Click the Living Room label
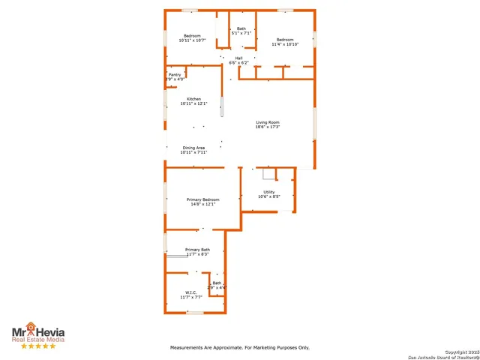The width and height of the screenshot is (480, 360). tap(268, 122)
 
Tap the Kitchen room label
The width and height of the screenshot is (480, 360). tap(193, 99)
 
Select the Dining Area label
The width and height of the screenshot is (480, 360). tap(193, 147)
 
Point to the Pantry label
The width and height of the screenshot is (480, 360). tap(174, 75)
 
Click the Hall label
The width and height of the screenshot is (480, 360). tap(238, 58)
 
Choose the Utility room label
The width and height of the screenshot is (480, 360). tap(268, 192)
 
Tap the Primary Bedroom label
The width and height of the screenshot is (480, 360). tap(202, 199)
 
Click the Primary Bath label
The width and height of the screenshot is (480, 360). tap(197, 249)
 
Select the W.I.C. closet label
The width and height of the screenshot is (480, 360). tap(191, 292)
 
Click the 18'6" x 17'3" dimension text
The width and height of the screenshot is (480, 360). tap(268, 127)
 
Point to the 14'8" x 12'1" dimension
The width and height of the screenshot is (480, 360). tap(202, 204)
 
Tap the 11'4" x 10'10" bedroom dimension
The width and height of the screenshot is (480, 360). tap(285, 44)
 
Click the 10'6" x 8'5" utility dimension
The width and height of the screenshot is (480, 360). tap(268, 196)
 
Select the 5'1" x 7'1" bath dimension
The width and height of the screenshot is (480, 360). tap(241, 33)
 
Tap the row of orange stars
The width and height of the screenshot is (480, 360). tap(37, 346)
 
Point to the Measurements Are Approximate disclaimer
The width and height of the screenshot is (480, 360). tap(239, 347)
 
